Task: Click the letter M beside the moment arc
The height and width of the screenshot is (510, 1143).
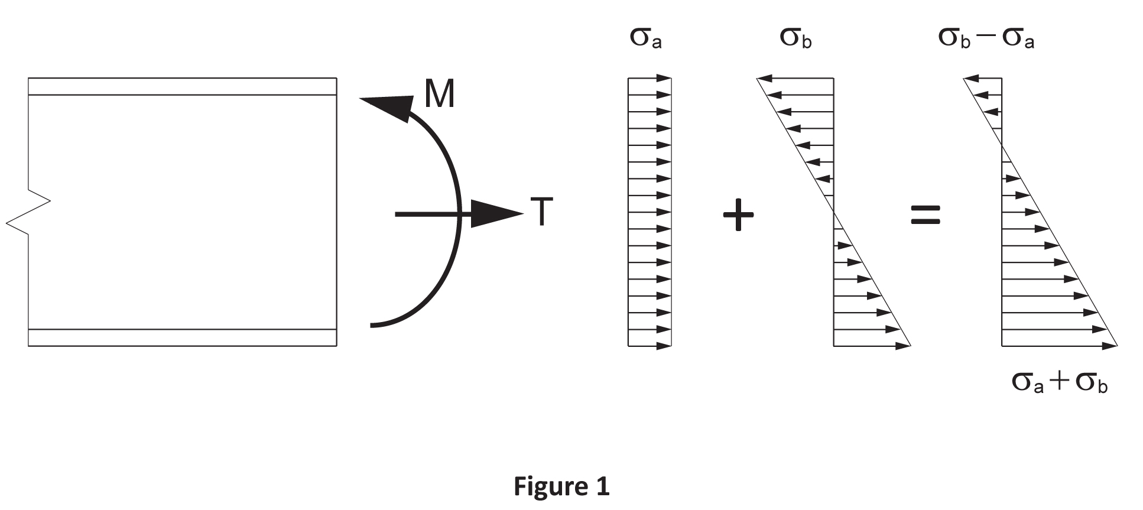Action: coord(440,94)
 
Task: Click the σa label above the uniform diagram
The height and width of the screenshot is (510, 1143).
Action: coord(645,38)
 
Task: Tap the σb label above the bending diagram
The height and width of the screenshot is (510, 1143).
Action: coord(795,38)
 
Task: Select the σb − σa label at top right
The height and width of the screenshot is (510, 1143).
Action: coord(986,38)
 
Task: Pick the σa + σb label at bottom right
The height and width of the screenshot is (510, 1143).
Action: coord(1059,382)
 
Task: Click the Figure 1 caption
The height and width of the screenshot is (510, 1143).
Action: coord(561,486)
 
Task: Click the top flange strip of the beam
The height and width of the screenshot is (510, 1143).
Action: coord(182,86)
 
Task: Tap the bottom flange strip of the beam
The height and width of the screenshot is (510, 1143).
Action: coord(182,337)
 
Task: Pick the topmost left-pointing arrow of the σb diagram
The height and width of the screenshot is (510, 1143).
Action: coord(795,78)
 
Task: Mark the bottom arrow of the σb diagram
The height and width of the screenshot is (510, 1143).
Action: coord(872,346)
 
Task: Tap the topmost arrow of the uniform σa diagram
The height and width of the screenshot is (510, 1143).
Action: coord(650,78)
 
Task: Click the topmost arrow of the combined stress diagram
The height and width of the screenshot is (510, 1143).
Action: coord(982,78)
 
